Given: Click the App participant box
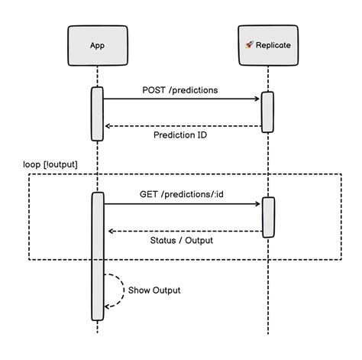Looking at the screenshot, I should point(97,45).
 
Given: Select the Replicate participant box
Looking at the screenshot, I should point(268,45).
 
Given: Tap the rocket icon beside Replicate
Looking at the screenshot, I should point(249,45).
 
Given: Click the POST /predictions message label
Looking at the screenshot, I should point(179,89).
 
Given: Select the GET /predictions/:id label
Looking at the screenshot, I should point(181,194).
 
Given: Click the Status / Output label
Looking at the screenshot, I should point(181,241).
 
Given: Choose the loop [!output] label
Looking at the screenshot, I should point(50,164).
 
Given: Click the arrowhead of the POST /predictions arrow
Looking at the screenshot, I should point(258,99).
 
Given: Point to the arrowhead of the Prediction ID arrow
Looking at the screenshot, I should point(108,126).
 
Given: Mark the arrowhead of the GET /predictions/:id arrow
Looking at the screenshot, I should point(258,204).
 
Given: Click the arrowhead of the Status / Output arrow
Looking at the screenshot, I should point(110,231).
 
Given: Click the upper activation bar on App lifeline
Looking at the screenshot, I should point(97,114).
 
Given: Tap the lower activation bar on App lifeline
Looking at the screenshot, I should point(97,256).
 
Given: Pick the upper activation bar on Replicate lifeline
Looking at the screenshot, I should point(268,112).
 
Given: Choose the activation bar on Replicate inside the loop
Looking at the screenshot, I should point(268,217).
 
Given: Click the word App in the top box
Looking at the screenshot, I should point(97,45).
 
